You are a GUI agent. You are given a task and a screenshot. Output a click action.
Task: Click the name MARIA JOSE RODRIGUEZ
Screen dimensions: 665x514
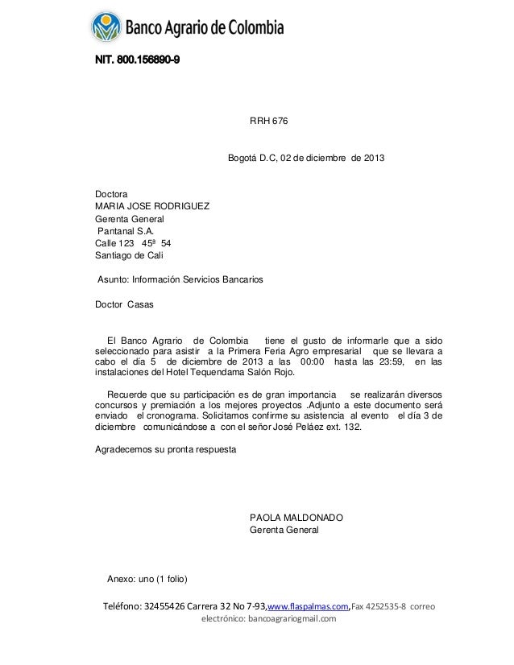(x=152, y=207)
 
